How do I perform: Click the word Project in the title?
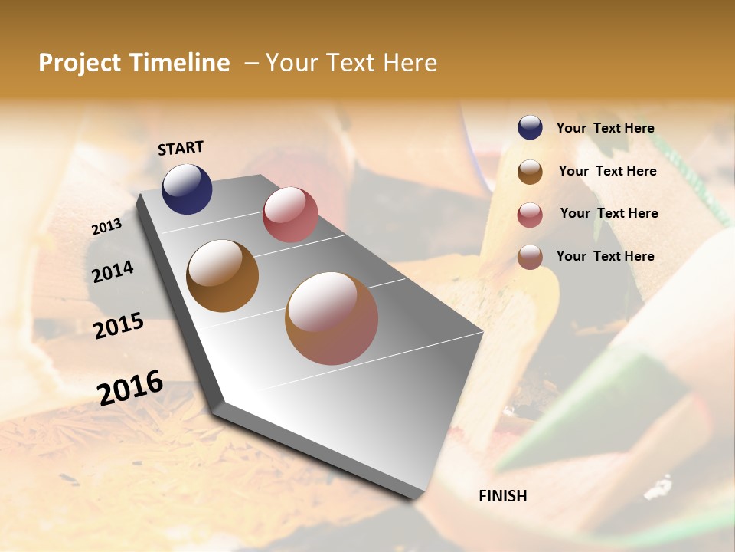click(x=80, y=63)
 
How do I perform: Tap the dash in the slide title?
click(x=251, y=63)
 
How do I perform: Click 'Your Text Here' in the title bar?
click(x=351, y=63)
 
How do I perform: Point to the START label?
click(x=181, y=148)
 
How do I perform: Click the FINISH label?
click(x=502, y=496)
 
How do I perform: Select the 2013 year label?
click(x=106, y=227)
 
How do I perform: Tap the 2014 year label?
click(x=113, y=271)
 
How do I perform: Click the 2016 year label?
click(x=130, y=387)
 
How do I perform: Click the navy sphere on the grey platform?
click(x=187, y=189)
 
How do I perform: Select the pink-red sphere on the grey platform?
click(x=290, y=215)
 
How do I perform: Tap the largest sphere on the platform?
click(x=332, y=318)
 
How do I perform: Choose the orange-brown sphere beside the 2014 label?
click(x=223, y=276)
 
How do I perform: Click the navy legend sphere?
click(x=530, y=128)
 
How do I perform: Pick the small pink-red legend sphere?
click(x=530, y=215)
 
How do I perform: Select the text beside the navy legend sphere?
click(x=605, y=129)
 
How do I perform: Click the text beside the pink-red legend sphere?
click(x=609, y=213)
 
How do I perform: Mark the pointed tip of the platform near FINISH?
click(x=417, y=496)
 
